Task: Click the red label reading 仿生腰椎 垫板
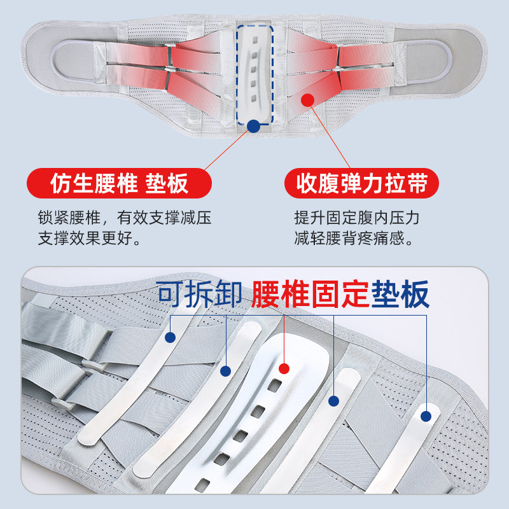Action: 119,183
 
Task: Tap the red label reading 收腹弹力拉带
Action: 361,183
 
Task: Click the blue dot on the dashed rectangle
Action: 254,126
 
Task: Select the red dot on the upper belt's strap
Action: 308,101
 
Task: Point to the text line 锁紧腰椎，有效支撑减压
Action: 125,218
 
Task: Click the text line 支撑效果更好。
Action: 90,239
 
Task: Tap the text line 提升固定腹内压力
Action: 357,218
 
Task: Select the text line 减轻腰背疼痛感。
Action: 357,239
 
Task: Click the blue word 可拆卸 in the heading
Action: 200,294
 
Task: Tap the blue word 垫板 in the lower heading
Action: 401,294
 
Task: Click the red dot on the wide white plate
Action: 284,368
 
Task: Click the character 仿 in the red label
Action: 61,183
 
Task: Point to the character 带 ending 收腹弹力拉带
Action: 426,183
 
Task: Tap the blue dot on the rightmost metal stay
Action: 426,415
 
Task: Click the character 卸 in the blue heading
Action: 228,294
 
